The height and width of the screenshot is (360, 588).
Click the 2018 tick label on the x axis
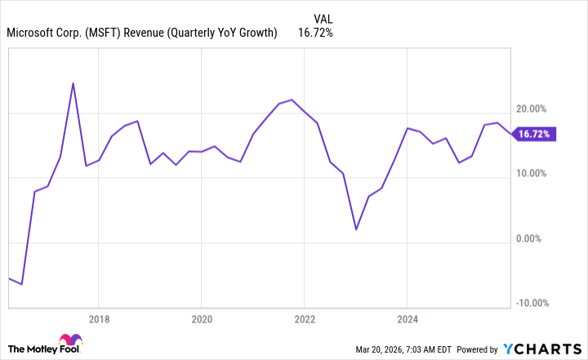pyautogui.click(x=98, y=318)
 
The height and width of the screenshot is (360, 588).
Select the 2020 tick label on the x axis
pyautogui.click(x=202, y=318)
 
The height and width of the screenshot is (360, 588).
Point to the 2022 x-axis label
pyautogui.click(x=305, y=318)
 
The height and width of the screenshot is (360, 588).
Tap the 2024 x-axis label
pyautogui.click(x=408, y=318)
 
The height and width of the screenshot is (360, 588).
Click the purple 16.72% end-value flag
pyautogui.click(x=535, y=134)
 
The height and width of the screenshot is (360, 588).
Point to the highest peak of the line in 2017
pyautogui.click(x=73, y=83)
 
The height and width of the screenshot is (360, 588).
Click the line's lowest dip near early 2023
pyautogui.click(x=356, y=229)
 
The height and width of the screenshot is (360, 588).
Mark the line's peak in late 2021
pyautogui.click(x=292, y=100)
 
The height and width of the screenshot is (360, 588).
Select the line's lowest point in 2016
pyautogui.click(x=21, y=284)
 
